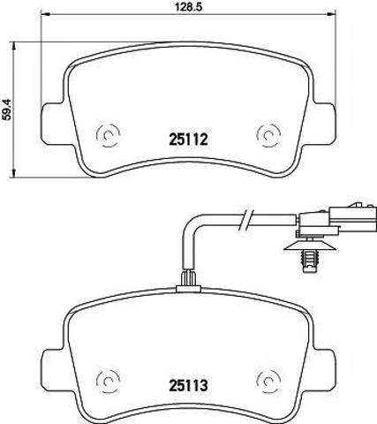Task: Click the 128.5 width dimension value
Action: coord(188,7)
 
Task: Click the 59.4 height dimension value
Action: coord(6,110)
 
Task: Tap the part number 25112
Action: coord(188,139)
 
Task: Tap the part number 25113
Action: coord(188,385)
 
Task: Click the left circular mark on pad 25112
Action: coord(108,135)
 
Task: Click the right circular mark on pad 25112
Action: coord(268,135)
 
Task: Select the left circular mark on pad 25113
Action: coord(108,382)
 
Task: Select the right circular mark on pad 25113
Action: coord(268,382)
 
